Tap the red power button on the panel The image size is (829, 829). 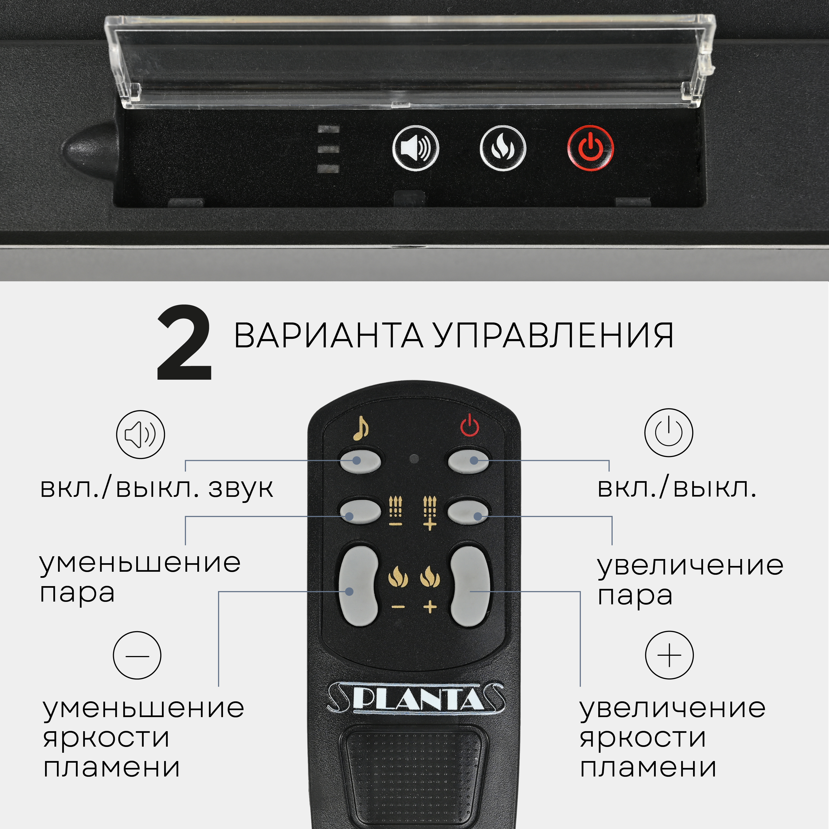coord(591,148)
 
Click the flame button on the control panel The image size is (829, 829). coord(502,148)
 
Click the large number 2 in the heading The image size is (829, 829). coord(185,343)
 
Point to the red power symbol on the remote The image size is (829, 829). coord(469,426)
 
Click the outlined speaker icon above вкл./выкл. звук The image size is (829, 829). coord(140,434)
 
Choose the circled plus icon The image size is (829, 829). coord(669,655)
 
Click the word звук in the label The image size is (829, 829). coord(241,488)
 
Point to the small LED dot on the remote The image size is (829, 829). coord(414,459)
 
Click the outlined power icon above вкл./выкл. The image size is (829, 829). coord(668,432)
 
